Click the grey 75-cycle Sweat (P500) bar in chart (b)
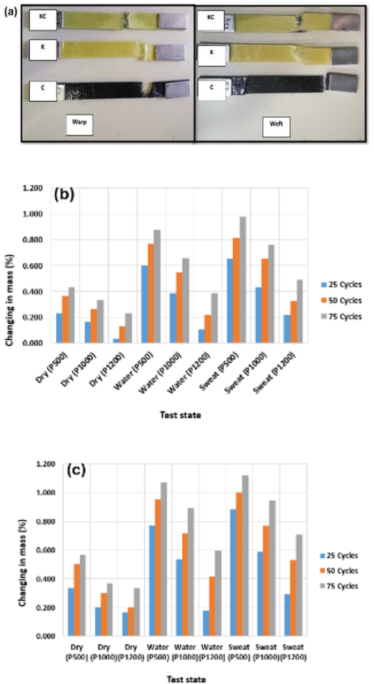(243, 280)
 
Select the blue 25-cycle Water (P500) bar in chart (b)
(144, 304)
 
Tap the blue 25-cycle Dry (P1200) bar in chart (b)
(116, 340)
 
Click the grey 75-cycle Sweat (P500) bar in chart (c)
(245, 555)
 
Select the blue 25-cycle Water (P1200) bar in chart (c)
(206, 623)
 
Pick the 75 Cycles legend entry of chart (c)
(339, 586)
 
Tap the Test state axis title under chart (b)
(180, 415)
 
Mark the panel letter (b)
(64, 195)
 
